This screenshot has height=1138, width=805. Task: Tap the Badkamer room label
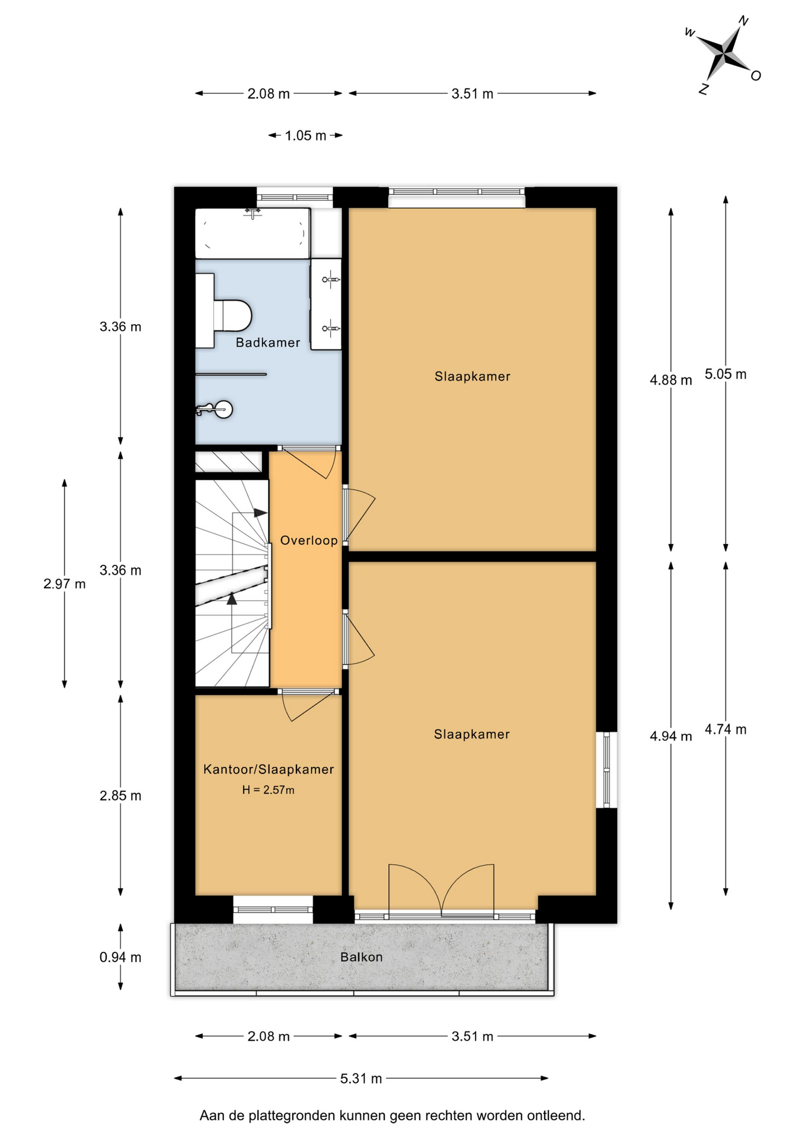[268, 343]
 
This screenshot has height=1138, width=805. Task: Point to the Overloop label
[309, 541]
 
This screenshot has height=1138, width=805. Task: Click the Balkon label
[362, 957]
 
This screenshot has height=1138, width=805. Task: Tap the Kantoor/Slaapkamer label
[269, 769]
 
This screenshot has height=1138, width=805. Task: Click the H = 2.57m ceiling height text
[268, 790]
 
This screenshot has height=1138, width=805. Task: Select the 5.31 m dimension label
[361, 1079]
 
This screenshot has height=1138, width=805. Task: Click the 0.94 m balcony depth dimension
[120, 957]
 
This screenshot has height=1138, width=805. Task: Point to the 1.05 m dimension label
[305, 136]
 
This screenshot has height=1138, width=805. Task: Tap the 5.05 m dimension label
[726, 374]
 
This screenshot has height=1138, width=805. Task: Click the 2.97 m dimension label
[65, 584]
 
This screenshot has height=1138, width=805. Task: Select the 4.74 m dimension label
[726, 730]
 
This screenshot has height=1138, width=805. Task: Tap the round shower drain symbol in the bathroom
[223, 409]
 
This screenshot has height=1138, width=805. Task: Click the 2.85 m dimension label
[120, 795]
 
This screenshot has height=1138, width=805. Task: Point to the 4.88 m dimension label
[671, 380]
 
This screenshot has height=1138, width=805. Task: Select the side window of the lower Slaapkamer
[606, 770]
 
